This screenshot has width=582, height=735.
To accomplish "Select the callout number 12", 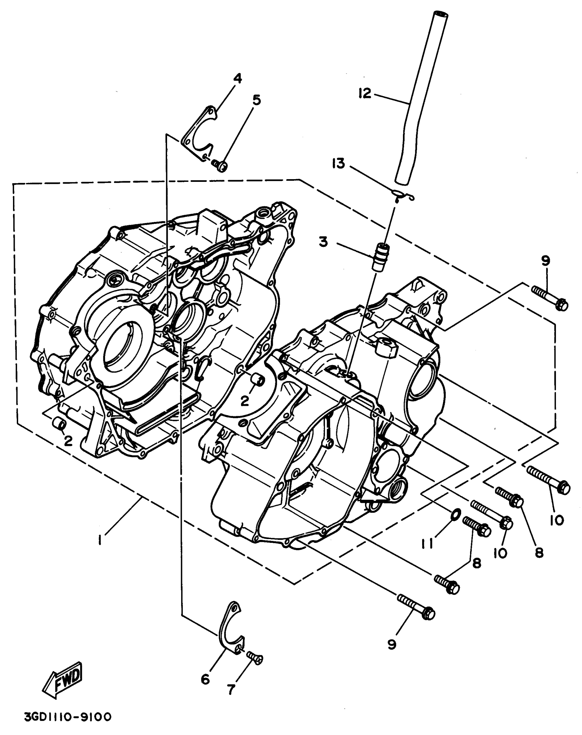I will coord(365,93).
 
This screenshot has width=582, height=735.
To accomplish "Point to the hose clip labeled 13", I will coord(404,195).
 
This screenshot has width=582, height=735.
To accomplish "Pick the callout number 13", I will coord(338,164).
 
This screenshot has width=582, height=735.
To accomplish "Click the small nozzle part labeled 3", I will coord(382,257).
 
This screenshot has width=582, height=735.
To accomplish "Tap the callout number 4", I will coord(238,79).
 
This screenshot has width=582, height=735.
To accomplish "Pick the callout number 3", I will coord(323,242).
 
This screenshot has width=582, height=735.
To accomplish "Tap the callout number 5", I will coord(256,100).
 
